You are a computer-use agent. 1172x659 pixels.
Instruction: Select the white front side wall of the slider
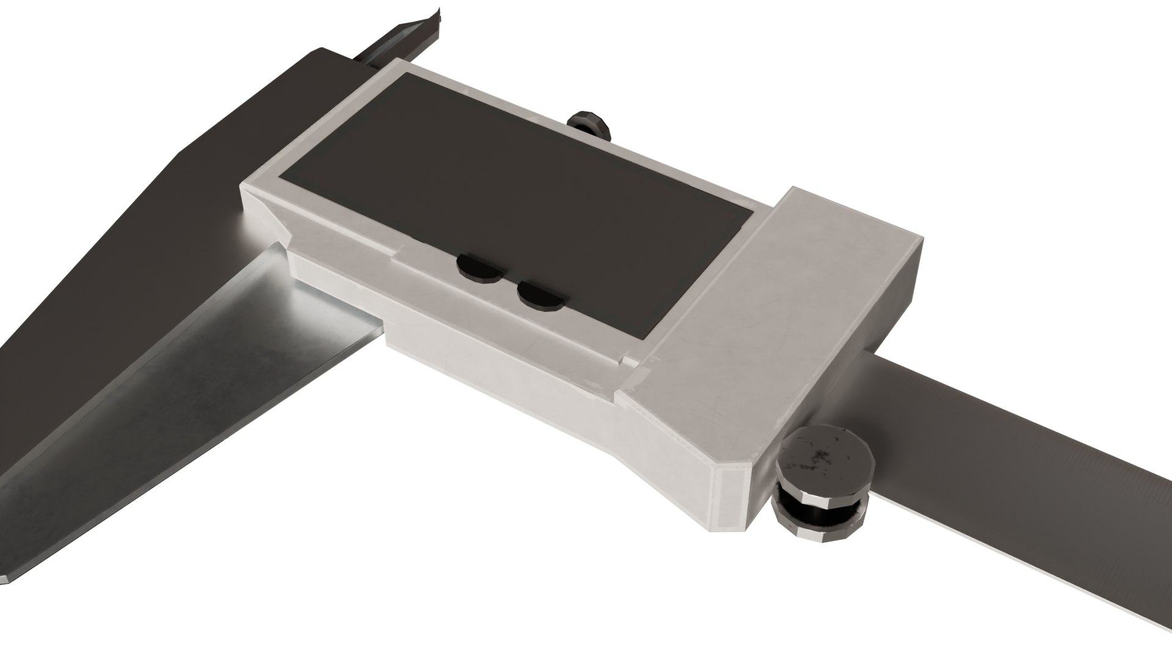(501, 366)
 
